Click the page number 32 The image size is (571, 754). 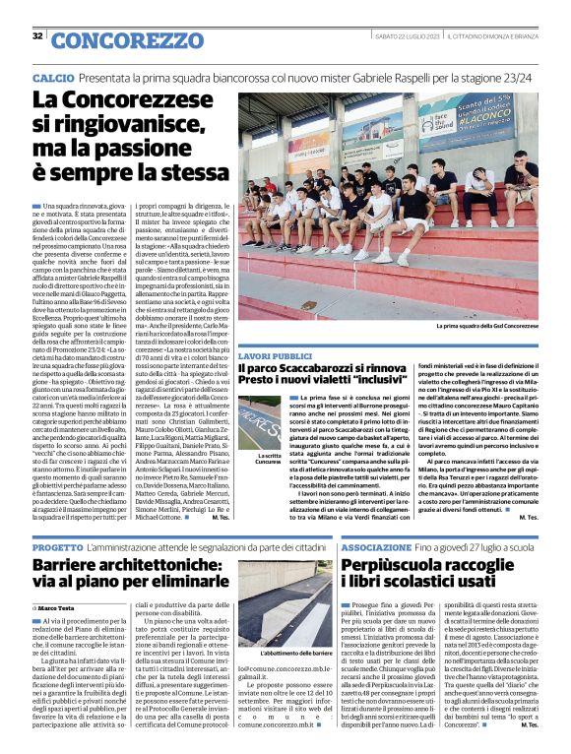tap(37, 35)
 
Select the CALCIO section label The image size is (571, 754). tap(52, 77)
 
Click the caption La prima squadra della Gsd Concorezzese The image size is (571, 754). tap(487, 326)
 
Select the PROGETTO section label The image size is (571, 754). tap(57, 545)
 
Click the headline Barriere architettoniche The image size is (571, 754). tap(128, 576)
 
